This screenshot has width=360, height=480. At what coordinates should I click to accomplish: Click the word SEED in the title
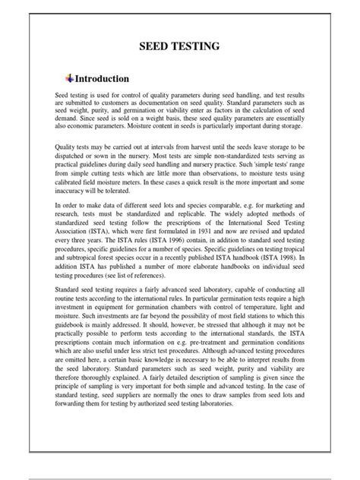[x=153, y=47]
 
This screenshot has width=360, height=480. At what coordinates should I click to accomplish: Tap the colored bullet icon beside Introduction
[x=70, y=77]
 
